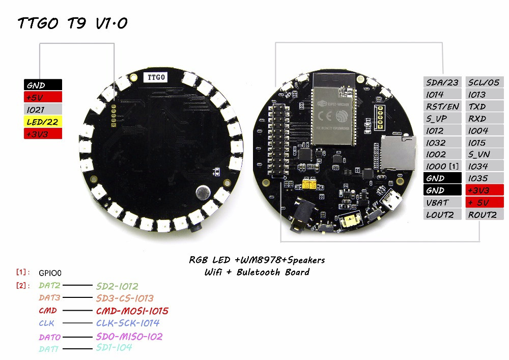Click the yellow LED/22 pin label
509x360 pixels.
coord(43,122)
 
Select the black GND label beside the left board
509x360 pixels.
coord(43,85)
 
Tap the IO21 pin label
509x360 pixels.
coord(43,109)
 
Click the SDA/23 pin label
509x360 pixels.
coord(442,82)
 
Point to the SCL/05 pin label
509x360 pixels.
coord(485,82)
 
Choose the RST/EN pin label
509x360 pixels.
coord(442,106)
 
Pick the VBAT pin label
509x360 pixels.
coord(442,203)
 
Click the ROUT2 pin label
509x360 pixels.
coord(485,214)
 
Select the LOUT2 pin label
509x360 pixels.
coord(442,214)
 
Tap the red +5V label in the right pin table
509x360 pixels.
coord(485,203)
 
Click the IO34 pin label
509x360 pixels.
coord(485,167)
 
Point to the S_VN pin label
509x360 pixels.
coord(485,154)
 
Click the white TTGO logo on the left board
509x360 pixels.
coord(156,77)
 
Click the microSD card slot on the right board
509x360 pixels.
coord(398,153)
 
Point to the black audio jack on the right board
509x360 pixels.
coord(301,215)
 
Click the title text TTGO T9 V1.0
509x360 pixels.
coord(73,23)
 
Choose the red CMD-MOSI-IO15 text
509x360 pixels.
coord(132,311)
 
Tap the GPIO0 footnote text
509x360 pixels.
coord(50,273)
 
